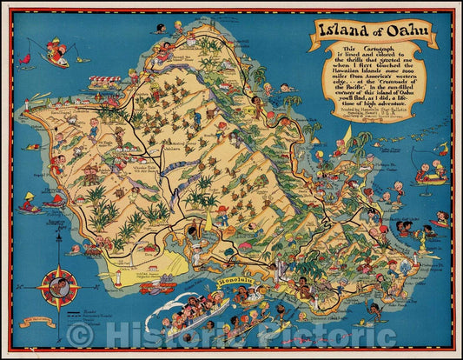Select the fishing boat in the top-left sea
point(56,55)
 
